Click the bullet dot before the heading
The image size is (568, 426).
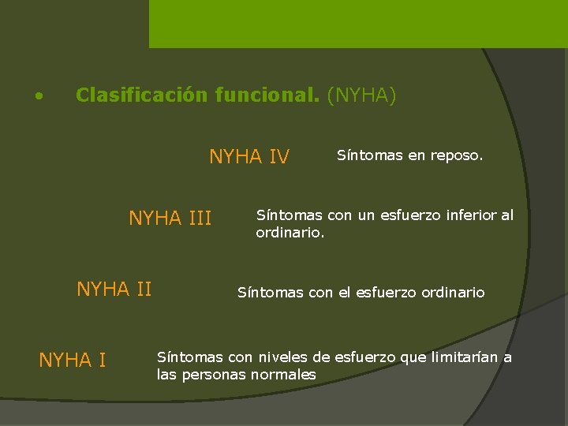coord(38,98)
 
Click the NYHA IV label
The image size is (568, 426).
coord(248,157)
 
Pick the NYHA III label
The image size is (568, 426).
coord(170,218)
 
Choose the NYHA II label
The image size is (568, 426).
coord(114,290)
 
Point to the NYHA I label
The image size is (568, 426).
coord(73,361)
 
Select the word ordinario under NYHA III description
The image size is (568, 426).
coord(290,233)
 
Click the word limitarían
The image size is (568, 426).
coord(465,357)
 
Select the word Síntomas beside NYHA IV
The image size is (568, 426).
coord(370,155)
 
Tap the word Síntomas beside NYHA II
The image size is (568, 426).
coord(271,293)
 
